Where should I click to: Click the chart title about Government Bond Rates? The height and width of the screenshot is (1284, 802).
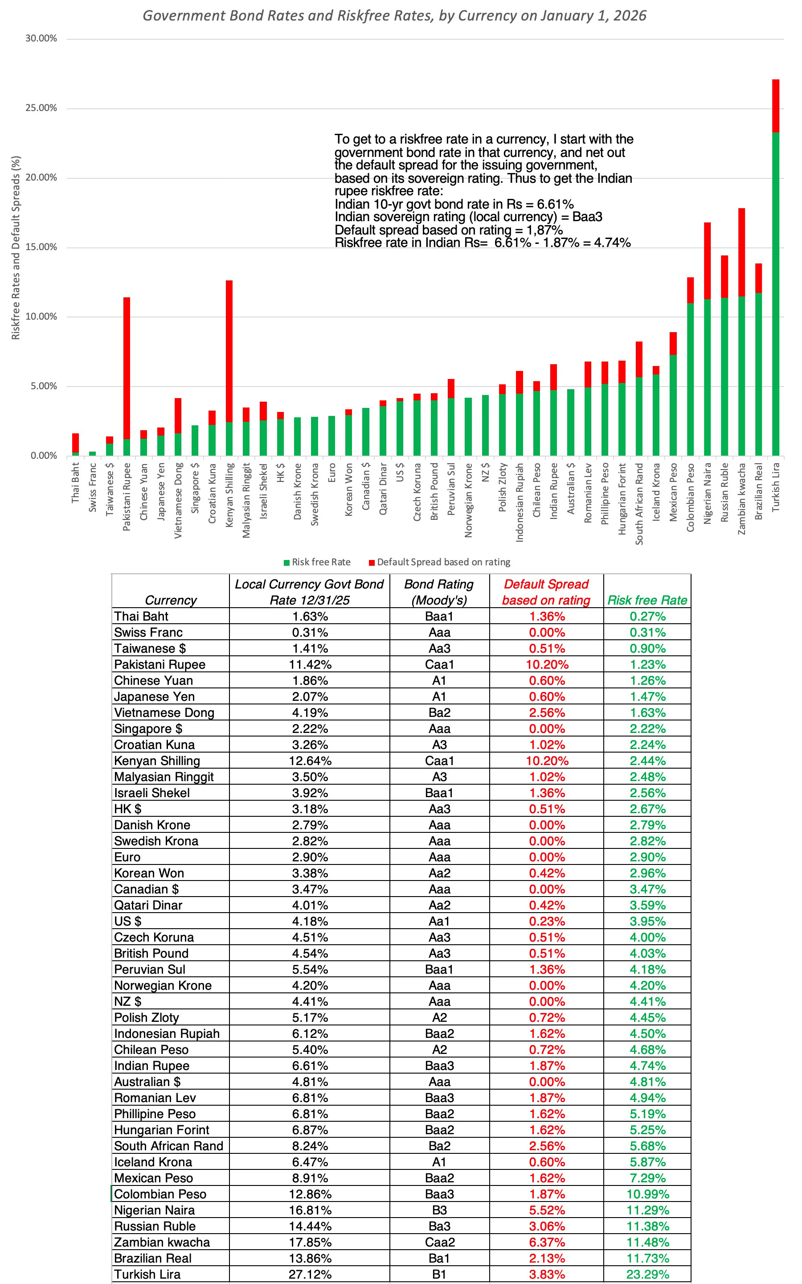[394, 16]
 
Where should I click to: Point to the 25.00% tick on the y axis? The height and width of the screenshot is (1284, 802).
[41, 108]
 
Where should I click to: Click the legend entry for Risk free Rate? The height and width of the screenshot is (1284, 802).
[317, 562]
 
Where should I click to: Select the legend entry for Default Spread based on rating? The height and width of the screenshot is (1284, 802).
[440, 562]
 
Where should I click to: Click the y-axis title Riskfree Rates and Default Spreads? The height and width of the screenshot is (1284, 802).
[16, 248]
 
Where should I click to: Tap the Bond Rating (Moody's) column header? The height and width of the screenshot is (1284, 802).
[439, 592]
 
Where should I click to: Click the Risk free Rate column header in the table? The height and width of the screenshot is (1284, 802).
[647, 600]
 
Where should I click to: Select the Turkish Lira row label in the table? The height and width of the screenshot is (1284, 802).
[147, 1274]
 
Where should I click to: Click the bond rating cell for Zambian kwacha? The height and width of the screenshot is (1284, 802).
[439, 1242]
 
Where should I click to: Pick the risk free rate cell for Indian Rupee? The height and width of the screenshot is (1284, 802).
[647, 1066]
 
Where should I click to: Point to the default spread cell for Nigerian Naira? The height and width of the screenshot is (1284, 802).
[546, 1210]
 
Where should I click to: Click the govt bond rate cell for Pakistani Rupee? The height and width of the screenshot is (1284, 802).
[310, 664]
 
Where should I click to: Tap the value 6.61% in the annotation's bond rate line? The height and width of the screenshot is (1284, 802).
[555, 204]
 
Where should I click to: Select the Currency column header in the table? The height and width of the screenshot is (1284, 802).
[170, 600]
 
